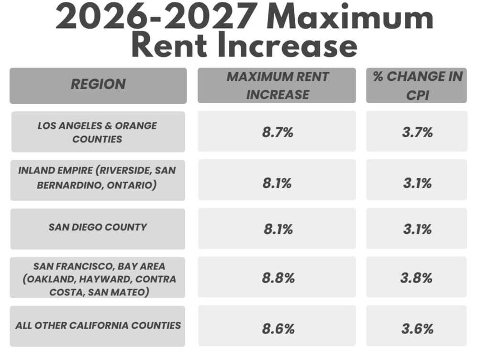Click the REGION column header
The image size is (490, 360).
(98, 86)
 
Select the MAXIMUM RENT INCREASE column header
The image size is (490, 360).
(277, 85)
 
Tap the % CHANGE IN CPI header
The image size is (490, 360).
(417, 85)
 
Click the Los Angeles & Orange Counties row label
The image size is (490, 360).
(98, 132)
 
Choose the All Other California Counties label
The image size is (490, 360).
(98, 326)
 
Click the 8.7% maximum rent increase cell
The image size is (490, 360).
(277, 131)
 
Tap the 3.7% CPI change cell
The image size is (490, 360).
(417, 131)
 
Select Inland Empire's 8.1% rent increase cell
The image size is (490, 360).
(277, 180)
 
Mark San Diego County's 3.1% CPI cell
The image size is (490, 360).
(417, 228)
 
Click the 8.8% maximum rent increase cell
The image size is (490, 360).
(277, 277)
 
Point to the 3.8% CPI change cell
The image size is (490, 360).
(417, 277)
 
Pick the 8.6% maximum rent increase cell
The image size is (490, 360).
(277, 326)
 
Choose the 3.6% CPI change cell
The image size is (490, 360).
(417, 326)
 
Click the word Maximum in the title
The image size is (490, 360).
(350, 16)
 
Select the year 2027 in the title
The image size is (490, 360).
(210, 16)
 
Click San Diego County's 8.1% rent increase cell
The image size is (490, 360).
(277, 228)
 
